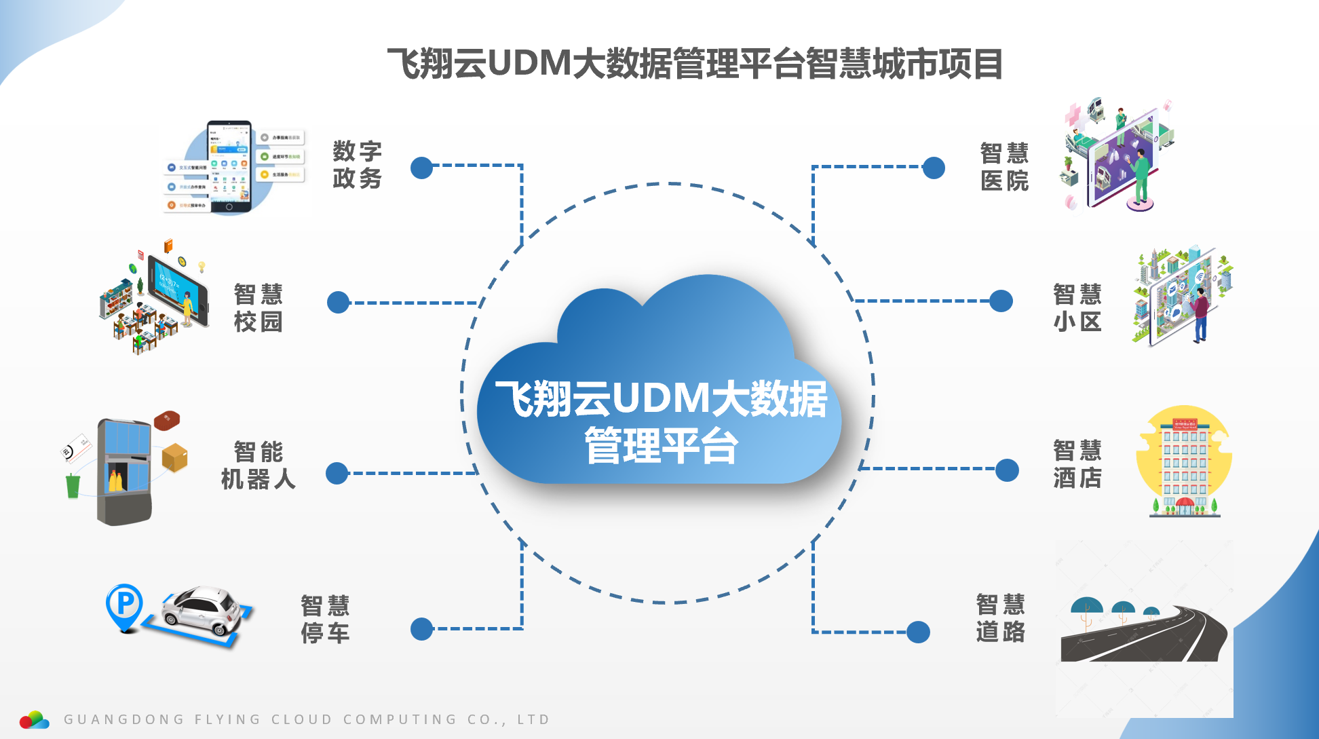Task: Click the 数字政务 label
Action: [x=357, y=165]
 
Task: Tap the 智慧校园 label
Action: [x=258, y=308]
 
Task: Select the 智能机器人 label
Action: [x=258, y=466]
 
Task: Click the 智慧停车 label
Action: [x=325, y=619]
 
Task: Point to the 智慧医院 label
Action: [x=1004, y=167]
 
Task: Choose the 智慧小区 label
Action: [x=1077, y=308]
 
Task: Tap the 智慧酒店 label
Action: [x=1077, y=464]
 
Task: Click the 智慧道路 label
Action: [x=1000, y=618]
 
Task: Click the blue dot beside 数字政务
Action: [x=421, y=168]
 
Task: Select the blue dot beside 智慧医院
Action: [x=934, y=168]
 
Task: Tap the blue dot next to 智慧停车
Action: [x=421, y=629]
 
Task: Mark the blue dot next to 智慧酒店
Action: [x=1007, y=470]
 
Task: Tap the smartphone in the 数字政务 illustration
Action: [x=229, y=166]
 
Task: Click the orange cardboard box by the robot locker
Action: [x=174, y=457]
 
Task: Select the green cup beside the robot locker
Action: [x=73, y=486]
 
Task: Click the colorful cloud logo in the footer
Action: [x=34, y=720]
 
